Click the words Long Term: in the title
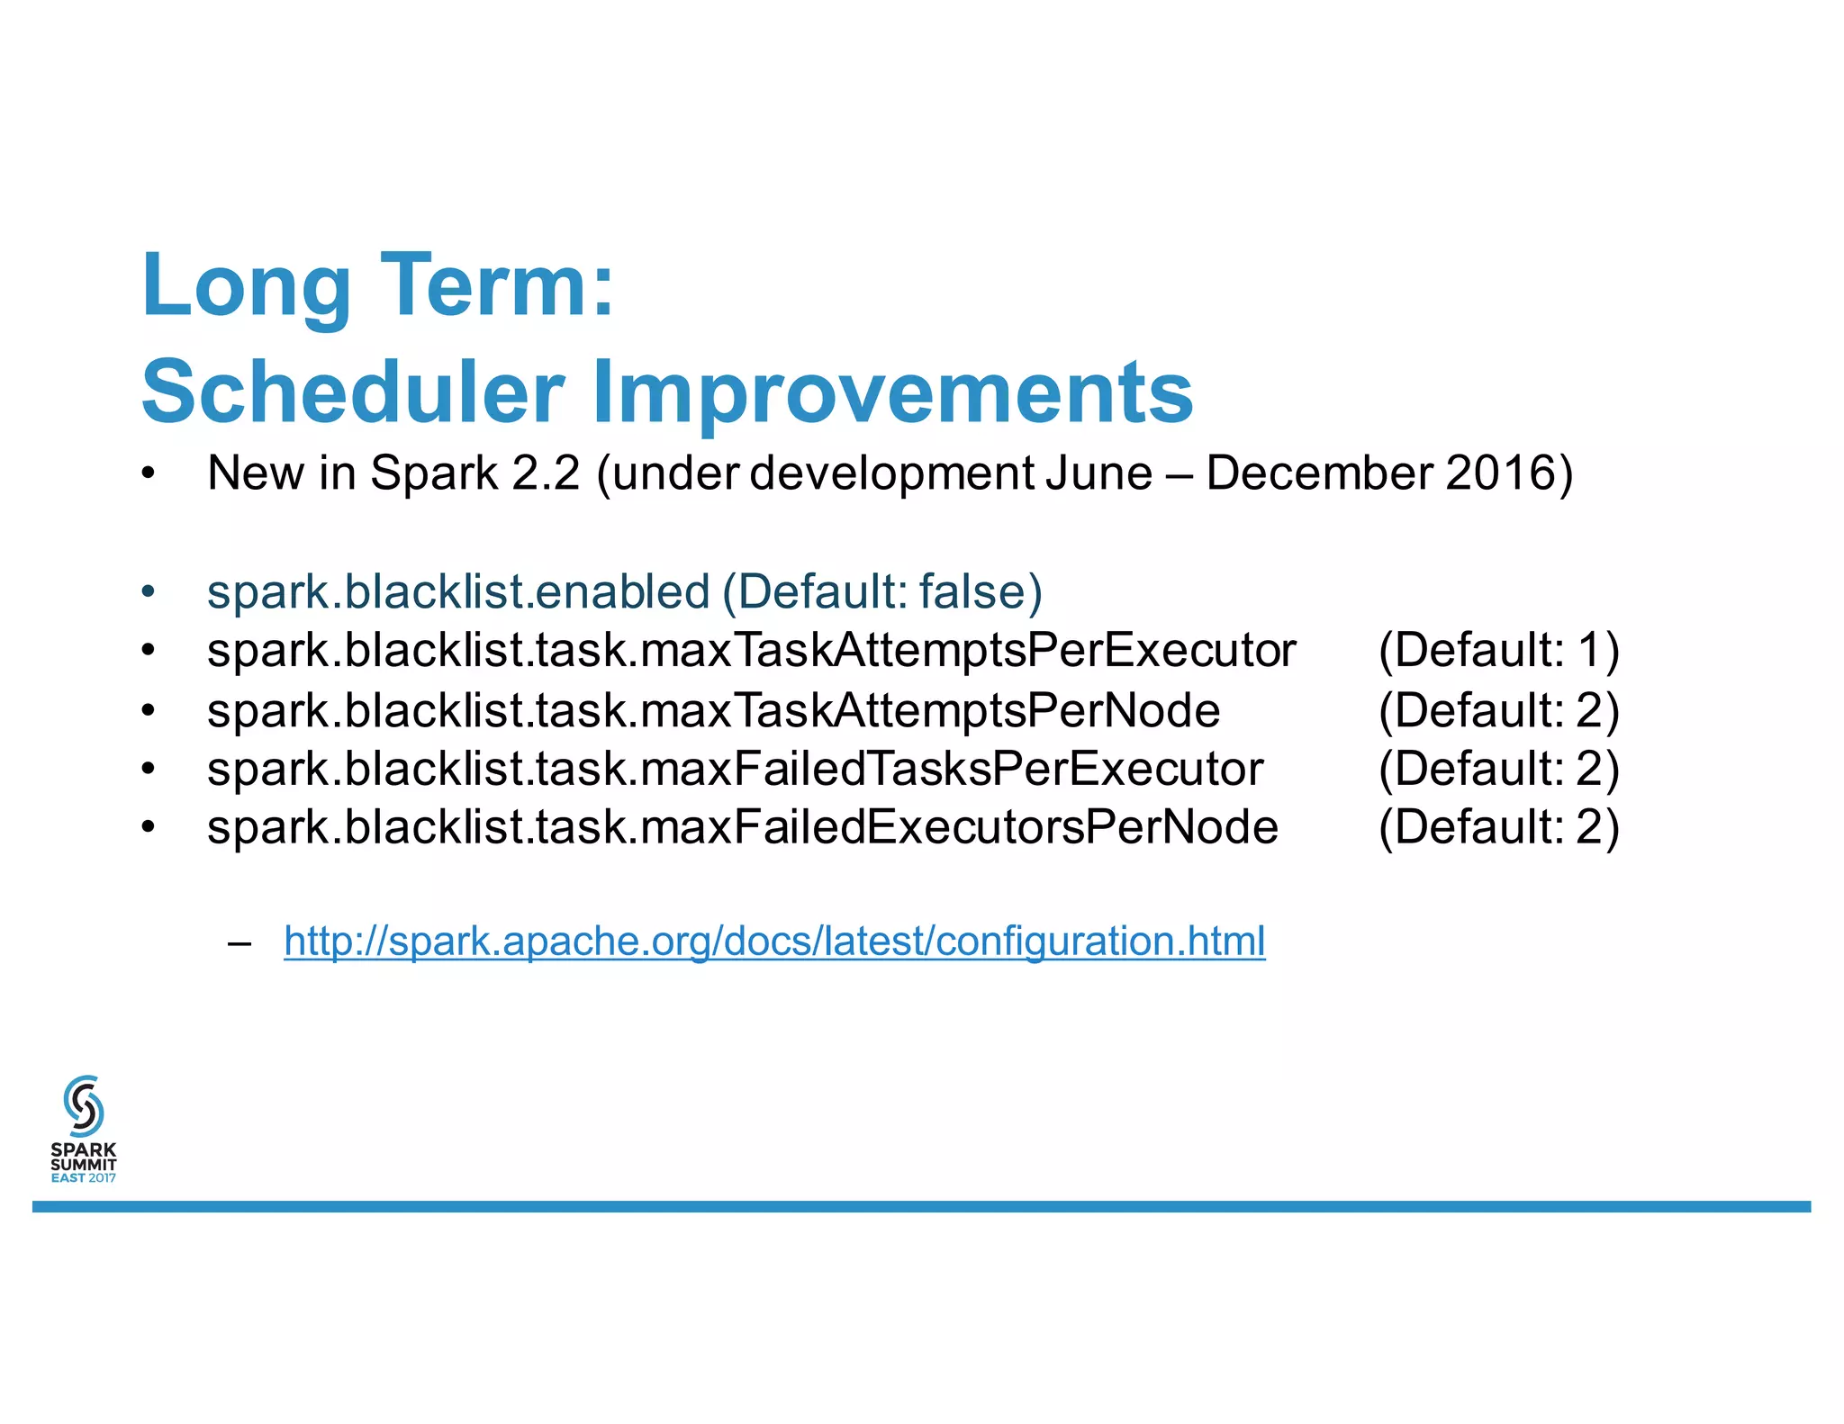378,286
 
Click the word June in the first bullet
1098,473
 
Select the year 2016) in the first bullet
1509,473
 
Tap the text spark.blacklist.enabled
458,592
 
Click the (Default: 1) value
1498,651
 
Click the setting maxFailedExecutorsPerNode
959,828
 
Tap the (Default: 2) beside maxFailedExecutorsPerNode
1498,828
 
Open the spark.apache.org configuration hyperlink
774,942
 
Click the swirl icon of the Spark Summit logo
84,1105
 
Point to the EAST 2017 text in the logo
84,1177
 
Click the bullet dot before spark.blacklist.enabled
149,593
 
